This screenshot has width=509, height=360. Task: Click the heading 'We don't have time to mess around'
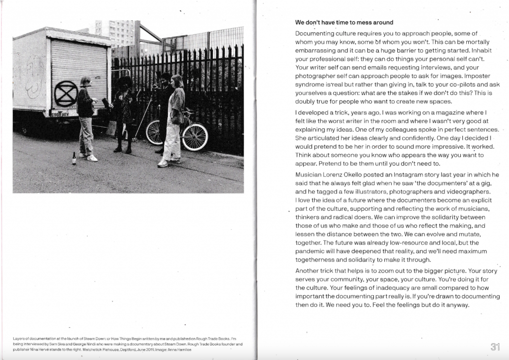344,22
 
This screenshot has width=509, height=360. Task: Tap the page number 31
495,347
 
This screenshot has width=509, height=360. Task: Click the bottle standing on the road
74,158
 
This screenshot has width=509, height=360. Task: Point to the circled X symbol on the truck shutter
66,93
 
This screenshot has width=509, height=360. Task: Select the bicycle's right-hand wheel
195,136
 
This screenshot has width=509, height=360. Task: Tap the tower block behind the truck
118,33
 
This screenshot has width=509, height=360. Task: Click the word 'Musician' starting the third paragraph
310,175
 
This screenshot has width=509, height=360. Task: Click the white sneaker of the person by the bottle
92,158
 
